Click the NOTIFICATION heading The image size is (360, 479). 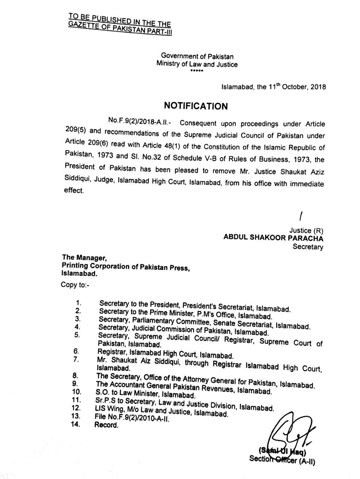point(196,106)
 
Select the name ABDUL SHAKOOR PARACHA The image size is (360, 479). point(273,238)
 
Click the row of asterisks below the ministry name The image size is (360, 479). point(196,71)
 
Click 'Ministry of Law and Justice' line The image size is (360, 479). point(197,64)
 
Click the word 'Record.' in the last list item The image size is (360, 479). point(106,425)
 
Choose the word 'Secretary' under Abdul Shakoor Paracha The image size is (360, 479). point(308,247)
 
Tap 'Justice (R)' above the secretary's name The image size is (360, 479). point(306,230)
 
